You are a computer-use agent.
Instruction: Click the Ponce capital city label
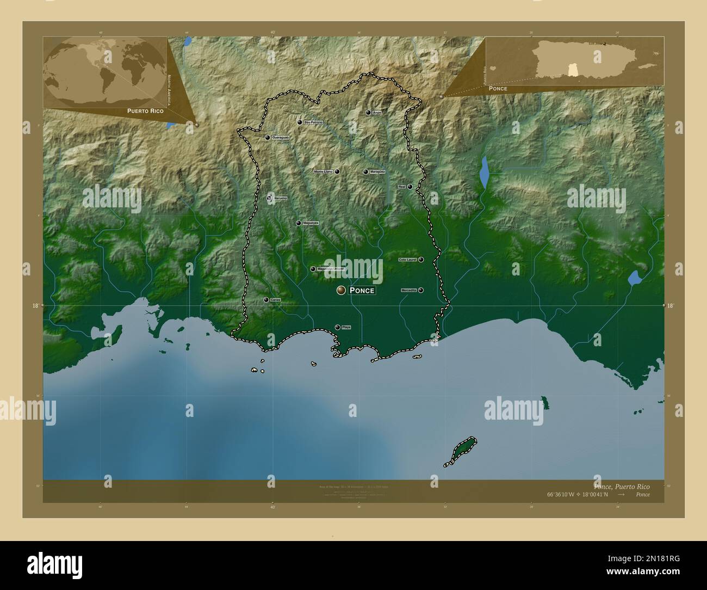[362, 291]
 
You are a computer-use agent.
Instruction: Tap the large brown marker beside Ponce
[341, 291]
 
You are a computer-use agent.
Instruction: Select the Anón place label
[377, 113]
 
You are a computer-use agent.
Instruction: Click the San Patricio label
[313, 122]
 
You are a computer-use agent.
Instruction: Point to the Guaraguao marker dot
[267, 138]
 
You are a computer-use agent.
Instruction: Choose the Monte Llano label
[323, 172]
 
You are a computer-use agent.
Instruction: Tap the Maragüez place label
[377, 172]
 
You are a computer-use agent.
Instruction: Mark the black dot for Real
[410, 187]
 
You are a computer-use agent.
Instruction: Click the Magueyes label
[310, 223]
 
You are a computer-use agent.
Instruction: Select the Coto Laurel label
[408, 260]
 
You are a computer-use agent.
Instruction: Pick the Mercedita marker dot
[421, 290]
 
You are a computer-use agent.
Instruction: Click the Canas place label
[275, 300]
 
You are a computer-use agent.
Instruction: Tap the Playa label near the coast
[346, 327]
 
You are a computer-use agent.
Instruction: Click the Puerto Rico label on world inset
[145, 110]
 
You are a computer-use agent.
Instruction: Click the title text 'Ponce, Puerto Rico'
[622, 486]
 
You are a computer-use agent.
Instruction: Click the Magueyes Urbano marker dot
[313, 269]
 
